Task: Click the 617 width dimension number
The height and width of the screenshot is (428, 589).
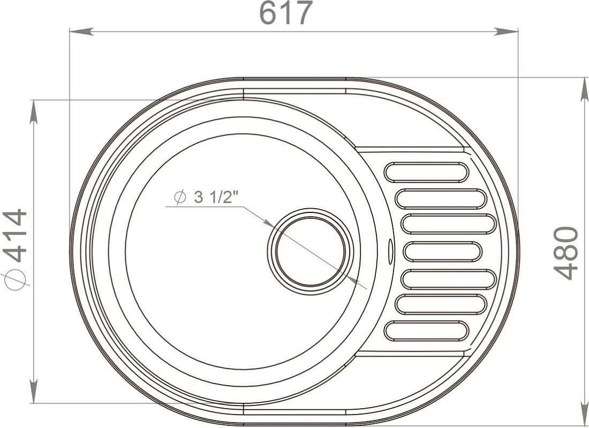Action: pyautogui.click(x=286, y=13)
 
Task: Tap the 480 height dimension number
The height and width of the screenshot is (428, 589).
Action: pyautogui.click(x=566, y=253)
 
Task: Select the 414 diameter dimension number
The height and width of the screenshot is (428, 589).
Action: pyautogui.click(x=15, y=236)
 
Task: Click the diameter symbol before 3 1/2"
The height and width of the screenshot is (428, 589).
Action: pyautogui.click(x=180, y=197)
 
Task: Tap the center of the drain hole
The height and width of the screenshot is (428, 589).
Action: pyautogui.click(x=310, y=252)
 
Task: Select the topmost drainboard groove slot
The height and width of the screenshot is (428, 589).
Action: pyautogui.click(x=427, y=172)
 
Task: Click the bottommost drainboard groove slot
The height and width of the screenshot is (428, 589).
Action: pyautogui.click(x=427, y=331)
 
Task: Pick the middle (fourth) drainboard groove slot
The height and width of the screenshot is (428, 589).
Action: pyautogui.click(x=443, y=252)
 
